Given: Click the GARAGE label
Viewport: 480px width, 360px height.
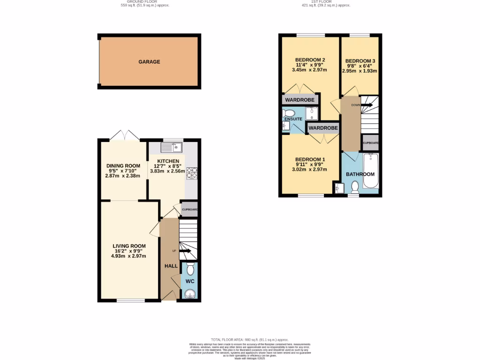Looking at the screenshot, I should [149, 62].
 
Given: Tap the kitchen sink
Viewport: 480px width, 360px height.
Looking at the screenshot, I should [172, 148].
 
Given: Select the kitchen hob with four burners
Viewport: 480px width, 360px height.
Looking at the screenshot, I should [192, 173].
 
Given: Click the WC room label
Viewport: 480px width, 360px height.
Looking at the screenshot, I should [190, 281].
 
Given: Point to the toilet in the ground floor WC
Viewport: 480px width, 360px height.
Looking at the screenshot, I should [190, 269].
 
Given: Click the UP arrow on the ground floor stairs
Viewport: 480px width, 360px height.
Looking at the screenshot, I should [184, 251].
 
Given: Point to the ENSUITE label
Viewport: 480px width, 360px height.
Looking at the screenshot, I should [292, 119].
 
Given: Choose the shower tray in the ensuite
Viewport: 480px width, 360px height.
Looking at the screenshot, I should [312, 113].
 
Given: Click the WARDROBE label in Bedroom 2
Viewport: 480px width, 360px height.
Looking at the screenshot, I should [300, 100].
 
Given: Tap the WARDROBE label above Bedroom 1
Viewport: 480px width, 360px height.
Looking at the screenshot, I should [323, 127].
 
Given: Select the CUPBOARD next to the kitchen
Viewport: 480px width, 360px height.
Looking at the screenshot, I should [189, 210].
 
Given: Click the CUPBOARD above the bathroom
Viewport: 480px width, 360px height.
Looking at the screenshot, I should [370, 142].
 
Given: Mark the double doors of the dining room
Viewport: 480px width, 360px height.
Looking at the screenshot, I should [124, 136].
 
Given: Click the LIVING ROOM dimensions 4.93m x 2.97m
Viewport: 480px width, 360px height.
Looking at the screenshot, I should [129, 256].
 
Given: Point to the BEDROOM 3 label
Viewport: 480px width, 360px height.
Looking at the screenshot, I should [360, 61].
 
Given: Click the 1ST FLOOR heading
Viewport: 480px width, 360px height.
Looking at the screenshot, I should [325, 1].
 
